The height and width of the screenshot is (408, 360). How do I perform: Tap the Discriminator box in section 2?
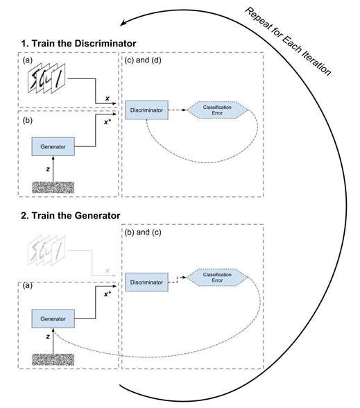pyautogui.click(x=146, y=282)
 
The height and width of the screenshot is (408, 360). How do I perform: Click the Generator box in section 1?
pyautogui.click(x=53, y=146)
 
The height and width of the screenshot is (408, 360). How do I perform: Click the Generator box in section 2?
pyautogui.click(x=53, y=319)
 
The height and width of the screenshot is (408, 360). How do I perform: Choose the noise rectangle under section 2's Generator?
pyautogui.click(x=53, y=360)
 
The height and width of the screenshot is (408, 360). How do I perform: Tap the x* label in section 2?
pyautogui.click(x=108, y=294)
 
